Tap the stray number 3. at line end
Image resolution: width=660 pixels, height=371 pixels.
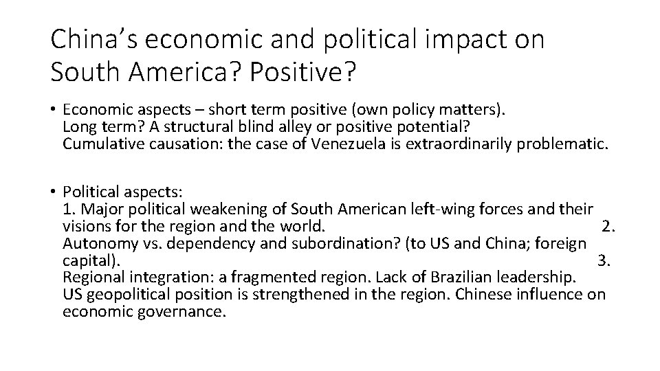tap(604, 260)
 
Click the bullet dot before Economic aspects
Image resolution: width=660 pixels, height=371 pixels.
tap(54, 110)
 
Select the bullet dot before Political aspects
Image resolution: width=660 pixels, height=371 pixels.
tap(54, 192)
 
